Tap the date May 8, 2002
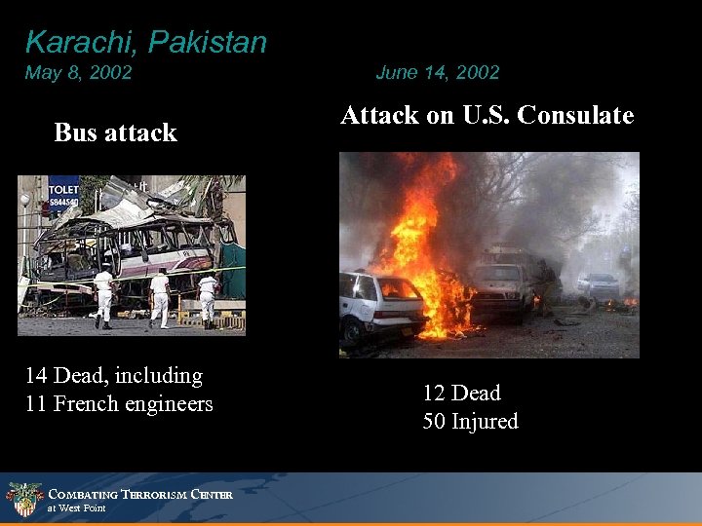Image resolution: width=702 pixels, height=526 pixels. pos(79,73)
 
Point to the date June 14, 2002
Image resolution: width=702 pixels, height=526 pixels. pos(437,72)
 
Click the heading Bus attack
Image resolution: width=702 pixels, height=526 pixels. pos(115,132)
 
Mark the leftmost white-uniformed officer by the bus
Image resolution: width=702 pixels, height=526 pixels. pos(103,295)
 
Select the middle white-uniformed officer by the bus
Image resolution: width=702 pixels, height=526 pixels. pos(159,294)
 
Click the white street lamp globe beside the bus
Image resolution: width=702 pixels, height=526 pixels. pos(24,201)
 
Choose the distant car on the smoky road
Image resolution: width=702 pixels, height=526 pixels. pos(598,284)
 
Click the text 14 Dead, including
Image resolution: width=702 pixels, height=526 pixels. pos(114,376)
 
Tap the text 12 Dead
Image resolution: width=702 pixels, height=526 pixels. pos(461,394)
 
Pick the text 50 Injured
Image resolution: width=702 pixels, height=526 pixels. pos(470,422)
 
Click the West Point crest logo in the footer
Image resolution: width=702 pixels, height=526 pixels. pos(24,499)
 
